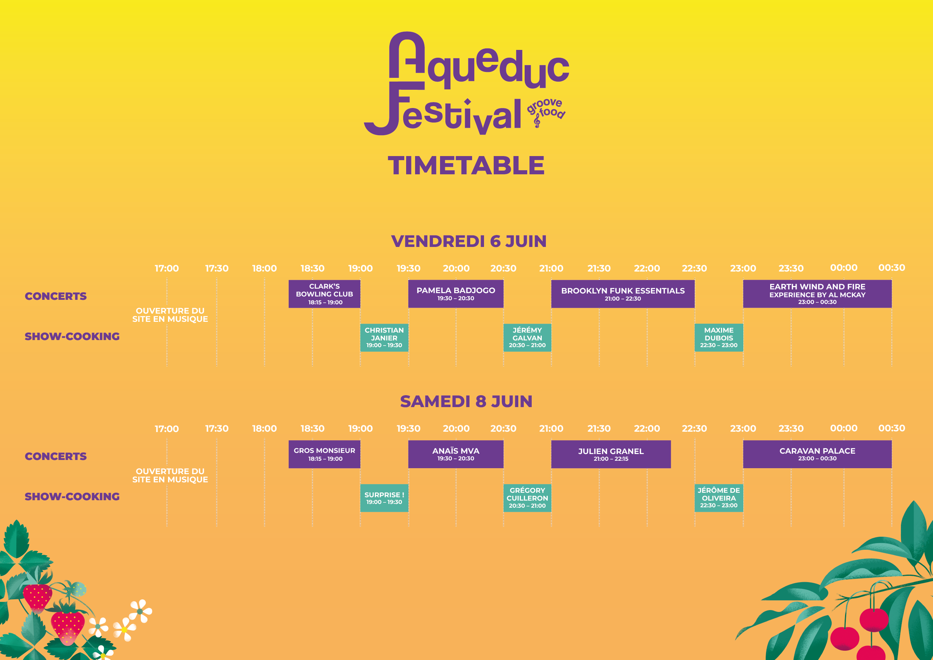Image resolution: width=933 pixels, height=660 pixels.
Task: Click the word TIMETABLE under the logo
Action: tap(466, 165)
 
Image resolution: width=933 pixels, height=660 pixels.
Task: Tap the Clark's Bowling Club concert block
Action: tap(325, 294)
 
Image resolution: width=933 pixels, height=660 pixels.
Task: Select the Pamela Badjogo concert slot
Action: tap(456, 294)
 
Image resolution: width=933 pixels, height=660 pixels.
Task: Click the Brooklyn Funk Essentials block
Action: tap(623, 294)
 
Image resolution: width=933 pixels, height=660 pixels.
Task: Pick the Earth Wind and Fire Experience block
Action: tap(817, 294)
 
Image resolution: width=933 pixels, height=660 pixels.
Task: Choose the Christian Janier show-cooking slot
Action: tap(384, 338)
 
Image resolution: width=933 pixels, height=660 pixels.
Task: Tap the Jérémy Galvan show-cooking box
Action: tap(527, 338)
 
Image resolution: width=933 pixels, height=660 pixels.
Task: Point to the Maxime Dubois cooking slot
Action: tap(719, 338)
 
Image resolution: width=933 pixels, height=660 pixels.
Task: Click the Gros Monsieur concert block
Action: tap(325, 454)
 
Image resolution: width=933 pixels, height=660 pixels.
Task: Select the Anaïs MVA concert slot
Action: tap(456, 454)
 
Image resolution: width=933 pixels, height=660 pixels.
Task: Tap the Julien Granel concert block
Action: tap(611, 454)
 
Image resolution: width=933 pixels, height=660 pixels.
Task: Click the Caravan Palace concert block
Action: tap(817, 454)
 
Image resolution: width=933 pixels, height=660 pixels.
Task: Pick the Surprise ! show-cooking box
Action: tap(384, 498)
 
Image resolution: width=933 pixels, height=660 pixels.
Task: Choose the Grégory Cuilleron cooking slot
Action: tap(527, 498)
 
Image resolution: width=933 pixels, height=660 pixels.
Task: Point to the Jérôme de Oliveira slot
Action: tap(719, 498)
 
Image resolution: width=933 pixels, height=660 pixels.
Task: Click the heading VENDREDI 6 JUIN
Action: tap(469, 241)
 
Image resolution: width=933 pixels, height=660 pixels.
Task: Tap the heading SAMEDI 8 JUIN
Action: tap(466, 402)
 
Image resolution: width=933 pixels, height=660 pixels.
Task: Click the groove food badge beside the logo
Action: tap(546, 112)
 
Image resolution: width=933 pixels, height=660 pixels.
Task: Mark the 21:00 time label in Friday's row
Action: tap(551, 268)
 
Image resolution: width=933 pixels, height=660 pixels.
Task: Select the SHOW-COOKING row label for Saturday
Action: tap(72, 496)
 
